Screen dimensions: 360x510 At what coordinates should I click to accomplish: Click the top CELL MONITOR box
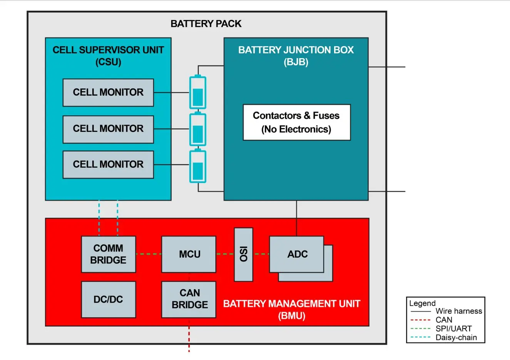pyautogui.click(x=108, y=93)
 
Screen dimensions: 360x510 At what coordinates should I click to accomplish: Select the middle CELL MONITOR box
pyautogui.click(x=108, y=129)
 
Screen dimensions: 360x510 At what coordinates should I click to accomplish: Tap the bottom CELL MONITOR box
pyautogui.click(x=108, y=165)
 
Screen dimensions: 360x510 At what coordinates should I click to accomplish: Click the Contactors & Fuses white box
pyautogui.click(x=296, y=122)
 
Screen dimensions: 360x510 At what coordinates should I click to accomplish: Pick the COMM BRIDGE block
pyautogui.click(x=108, y=254)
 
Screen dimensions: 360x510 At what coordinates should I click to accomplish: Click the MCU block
pyautogui.click(x=189, y=254)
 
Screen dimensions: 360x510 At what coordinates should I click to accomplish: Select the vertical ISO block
pyautogui.click(x=244, y=254)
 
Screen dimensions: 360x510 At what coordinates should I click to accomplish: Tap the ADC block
pyautogui.click(x=296, y=254)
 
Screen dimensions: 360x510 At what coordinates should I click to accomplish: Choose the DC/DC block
pyautogui.click(x=108, y=300)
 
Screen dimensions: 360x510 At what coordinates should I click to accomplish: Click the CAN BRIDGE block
pyautogui.click(x=189, y=300)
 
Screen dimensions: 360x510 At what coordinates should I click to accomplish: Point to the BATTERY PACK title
pyautogui.click(x=206, y=24)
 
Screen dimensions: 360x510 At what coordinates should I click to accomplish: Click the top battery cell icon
pyautogui.click(x=198, y=93)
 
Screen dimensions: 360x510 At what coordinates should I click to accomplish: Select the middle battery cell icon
pyautogui.click(x=198, y=130)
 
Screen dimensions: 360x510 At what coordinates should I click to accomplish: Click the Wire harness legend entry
pyautogui.click(x=458, y=311)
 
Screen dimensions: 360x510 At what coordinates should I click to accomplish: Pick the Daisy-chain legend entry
pyautogui.click(x=456, y=338)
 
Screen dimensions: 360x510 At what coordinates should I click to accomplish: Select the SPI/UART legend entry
pyautogui.click(x=453, y=329)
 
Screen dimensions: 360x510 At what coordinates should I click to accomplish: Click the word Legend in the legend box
pyautogui.click(x=422, y=303)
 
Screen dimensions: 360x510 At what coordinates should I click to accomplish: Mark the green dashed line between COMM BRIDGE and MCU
pyautogui.click(x=149, y=254)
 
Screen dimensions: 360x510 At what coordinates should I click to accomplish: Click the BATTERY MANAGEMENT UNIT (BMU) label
pyautogui.click(x=291, y=310)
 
